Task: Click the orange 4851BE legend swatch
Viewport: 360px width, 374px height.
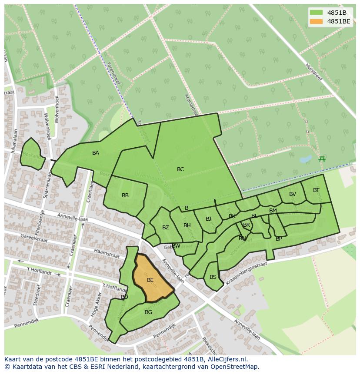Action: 317,21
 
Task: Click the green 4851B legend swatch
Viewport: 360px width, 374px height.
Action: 317,13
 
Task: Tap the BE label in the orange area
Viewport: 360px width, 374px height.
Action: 150,280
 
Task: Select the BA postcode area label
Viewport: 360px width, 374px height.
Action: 96,153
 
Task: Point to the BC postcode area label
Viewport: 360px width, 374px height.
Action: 180,169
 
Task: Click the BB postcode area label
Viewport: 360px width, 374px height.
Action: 125,195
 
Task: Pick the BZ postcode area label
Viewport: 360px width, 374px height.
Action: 166,228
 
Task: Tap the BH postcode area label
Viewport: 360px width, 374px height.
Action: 187,225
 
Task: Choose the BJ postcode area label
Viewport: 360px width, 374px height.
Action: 208,219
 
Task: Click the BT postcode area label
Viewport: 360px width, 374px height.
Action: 316,190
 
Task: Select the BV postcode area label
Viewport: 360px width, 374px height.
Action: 293,194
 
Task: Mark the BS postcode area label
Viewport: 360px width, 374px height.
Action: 213,277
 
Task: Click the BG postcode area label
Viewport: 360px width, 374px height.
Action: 149,312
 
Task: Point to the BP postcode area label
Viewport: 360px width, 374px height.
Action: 279,239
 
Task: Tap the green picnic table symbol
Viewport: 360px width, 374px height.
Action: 322,159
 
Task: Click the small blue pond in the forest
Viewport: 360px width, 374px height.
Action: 306,159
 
